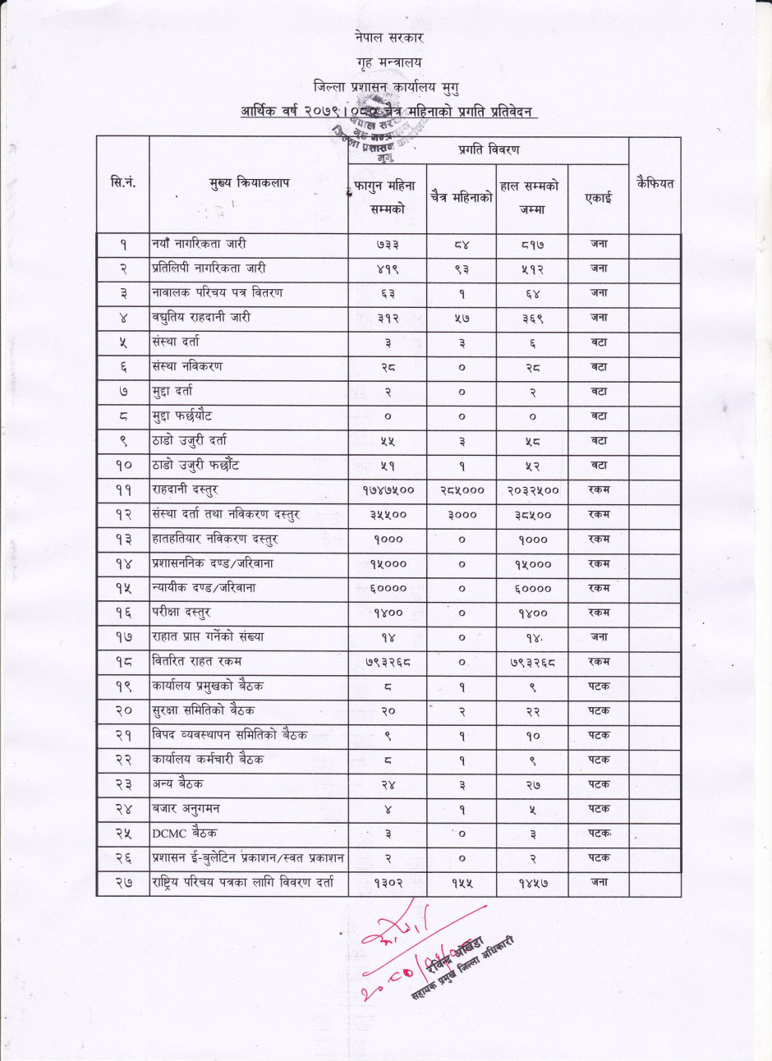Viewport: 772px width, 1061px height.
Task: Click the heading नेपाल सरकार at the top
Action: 390,38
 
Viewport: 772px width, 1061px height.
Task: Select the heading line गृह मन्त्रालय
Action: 390,62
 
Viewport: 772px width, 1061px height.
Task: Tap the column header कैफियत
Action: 655,183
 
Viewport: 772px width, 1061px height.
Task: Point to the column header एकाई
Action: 598,198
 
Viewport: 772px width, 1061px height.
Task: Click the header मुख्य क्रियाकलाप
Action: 249,183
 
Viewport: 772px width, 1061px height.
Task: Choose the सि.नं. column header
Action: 123,183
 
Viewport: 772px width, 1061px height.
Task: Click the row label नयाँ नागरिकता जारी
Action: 199,244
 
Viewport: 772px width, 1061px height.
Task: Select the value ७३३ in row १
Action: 388,245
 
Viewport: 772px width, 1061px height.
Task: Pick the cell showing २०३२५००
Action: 532,490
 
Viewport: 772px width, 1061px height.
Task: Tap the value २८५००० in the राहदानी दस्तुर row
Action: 462,490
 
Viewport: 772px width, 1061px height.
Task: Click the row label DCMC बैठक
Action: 185,834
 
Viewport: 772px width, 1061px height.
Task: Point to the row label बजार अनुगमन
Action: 186,809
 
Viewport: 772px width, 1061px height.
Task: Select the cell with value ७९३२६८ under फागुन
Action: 388,662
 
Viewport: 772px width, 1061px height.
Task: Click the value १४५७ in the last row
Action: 532,883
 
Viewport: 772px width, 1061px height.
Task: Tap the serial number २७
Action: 123,883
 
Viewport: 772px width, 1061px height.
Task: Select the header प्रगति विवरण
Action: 488,149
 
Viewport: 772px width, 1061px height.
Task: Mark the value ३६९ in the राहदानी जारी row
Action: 532,318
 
